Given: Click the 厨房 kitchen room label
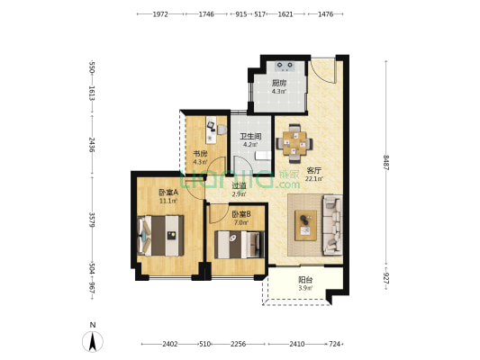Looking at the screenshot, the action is (278, 83).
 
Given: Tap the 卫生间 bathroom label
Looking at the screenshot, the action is (250, 137).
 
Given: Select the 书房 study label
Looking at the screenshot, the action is (200, 154).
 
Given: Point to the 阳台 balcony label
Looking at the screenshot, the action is (305, 280).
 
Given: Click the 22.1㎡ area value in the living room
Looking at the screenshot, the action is (313, 178).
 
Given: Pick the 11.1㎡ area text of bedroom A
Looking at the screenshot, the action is (168, 201).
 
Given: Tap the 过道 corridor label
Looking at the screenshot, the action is (239, 185).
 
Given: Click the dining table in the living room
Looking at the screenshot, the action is (294, 143).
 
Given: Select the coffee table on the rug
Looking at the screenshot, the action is (305, 225).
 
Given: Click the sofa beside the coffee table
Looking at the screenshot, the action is (332, 225).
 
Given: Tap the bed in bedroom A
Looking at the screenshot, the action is (161, 236).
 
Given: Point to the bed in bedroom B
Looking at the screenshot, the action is (239, 245).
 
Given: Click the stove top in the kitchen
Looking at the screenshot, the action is (285, 66).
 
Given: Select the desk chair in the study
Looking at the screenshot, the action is (222, 130).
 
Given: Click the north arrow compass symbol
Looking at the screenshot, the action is (93, 341).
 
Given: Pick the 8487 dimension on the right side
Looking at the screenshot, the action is (386, 163).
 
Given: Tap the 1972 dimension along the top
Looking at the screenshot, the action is (160, 14).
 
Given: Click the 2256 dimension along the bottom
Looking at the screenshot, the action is (238, 344).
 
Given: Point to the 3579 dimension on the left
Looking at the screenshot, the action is (92, 220).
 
